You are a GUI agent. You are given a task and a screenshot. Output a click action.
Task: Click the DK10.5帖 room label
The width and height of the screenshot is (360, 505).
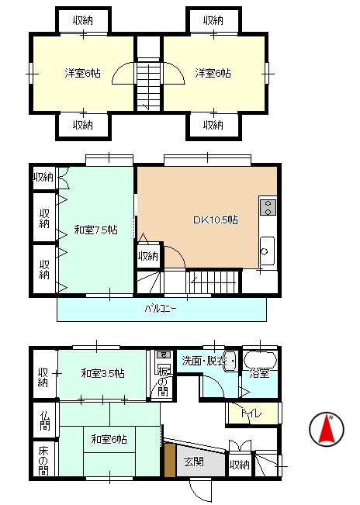pyautogui.click(x=216, y=220)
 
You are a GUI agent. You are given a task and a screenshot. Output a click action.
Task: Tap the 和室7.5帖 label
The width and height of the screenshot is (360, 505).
pyautogui.click(x=96, y=230)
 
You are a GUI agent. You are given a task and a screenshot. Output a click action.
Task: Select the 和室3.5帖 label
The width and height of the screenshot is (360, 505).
pyautogui.click(x=102, y=374)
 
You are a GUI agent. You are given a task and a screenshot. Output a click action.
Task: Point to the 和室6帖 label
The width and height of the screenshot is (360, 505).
pyautogui.click(x=109, y=439)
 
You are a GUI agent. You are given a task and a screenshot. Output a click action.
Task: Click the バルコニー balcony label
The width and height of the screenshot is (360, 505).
pyautogui.click(x=161, y=310)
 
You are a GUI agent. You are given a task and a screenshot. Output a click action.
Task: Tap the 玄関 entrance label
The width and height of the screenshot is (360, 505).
pyautogui.click(x=194, y=462)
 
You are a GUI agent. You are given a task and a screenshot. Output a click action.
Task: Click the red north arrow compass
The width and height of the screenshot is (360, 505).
pyautogui.click(x=327, y=429)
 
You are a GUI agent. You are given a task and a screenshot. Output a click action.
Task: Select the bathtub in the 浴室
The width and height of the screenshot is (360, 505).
pyautogui.click(x=260, y=360)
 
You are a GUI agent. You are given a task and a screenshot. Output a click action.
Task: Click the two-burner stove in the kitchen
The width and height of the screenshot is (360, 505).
pyautogui.click(x=268, y=207)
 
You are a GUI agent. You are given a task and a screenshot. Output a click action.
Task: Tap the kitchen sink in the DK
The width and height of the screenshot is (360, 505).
pyautogui.click(x=267, y=251)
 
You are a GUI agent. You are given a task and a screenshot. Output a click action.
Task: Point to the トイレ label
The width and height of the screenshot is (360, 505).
pyautogui.click(x=251, y=413)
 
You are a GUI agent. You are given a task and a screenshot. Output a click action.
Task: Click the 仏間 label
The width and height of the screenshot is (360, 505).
pyautogui.click(x=45, y=420)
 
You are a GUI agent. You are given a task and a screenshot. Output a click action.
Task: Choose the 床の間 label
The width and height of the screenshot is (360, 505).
pyautogui.click(x=43, y=461)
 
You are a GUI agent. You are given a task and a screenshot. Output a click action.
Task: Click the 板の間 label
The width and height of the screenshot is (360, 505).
pyautogui.click(x=163, y=382)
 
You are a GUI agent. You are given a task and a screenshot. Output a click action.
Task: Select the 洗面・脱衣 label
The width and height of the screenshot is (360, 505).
pyautogui.click(x=204, y=361)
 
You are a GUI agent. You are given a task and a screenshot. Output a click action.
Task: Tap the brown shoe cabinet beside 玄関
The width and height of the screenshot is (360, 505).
pyautogui.click(x=171, y=460)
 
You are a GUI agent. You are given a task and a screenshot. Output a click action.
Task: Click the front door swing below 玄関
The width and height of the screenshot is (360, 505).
pyautogui.click(x=200, y=489)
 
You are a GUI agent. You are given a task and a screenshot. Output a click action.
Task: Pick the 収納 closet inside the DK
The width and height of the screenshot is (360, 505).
pyautogui.click(x=148, y=256)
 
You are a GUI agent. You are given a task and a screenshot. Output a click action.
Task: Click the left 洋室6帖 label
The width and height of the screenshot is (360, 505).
pyautogui.click(x=82, y=74)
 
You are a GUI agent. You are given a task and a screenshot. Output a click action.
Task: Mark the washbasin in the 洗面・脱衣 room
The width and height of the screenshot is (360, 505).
pyautogui.click(x=230, y=361)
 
